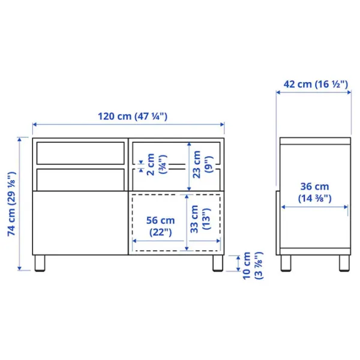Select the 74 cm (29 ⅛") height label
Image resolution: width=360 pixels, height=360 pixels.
coord(11,205)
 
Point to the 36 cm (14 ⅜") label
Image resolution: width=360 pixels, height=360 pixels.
coord(315,191)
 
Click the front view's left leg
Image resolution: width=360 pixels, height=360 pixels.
coord(40,263)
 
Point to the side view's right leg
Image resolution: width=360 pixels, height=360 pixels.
coord(344,263)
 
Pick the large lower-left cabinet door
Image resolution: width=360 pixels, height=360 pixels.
coord(79,223)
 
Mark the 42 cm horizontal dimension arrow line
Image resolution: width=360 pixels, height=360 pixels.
coord(314,92)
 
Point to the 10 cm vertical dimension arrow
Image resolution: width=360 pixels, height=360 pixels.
coord(239,263)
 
